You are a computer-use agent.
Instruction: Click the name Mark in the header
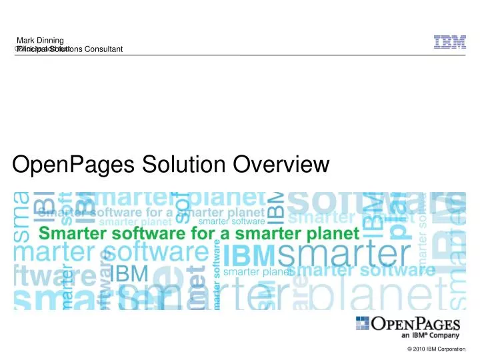26,41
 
